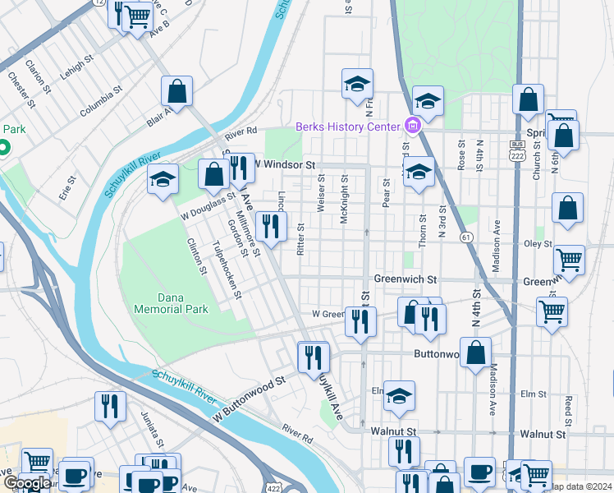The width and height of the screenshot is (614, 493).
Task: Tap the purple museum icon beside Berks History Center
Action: coord(412,126)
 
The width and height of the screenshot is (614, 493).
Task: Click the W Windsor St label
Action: coord(284,165)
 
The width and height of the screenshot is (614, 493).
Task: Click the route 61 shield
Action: coord(466,237)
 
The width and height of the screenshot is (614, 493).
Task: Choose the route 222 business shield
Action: coord(516,150)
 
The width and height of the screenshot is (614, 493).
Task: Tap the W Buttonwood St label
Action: coord(249,390)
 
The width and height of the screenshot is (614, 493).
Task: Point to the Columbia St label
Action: coord(101,100)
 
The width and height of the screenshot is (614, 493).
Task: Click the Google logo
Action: coord(26,482)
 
